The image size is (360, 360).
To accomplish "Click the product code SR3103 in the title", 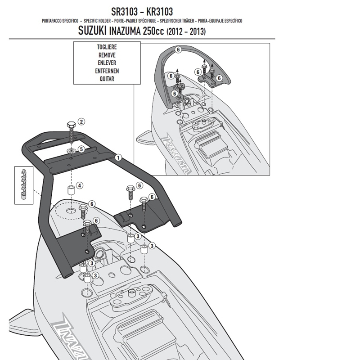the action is (125, 12).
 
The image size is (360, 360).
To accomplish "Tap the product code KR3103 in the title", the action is (159, 12).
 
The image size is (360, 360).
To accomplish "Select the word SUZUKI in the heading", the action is (92, 31).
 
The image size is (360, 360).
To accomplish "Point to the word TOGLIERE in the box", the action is (107, 47).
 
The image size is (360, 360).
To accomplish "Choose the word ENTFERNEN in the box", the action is (107, 71).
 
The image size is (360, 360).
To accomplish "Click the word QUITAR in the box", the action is (107, 79).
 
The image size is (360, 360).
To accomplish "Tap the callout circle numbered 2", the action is (81, 121).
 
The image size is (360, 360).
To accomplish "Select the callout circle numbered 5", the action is (81, 149).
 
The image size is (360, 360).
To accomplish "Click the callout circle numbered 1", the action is (118, 158).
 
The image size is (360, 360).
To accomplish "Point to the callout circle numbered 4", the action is (80, 185).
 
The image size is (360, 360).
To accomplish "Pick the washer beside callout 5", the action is (71, 151).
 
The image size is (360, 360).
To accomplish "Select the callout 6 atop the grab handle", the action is (178, 49).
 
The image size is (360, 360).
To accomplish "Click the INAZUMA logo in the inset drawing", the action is (176, 155).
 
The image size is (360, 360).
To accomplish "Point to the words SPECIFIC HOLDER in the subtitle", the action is (97, 21).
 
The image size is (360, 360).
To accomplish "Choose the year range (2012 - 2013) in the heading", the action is (186, 31).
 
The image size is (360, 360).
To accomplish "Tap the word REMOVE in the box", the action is (107, 55).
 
